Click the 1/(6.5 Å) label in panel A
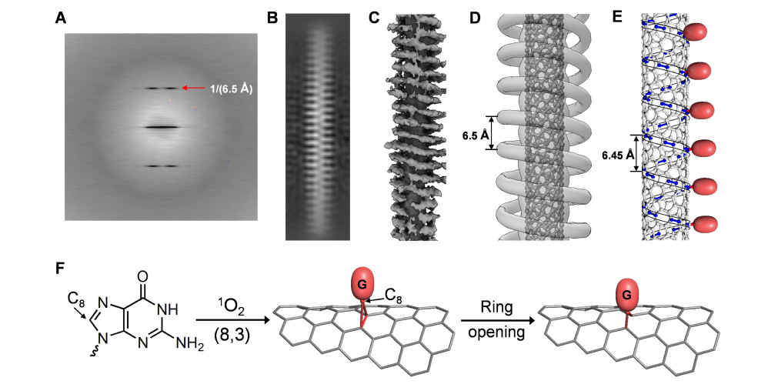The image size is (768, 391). (229, 89)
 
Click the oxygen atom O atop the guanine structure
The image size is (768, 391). (143, 275)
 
